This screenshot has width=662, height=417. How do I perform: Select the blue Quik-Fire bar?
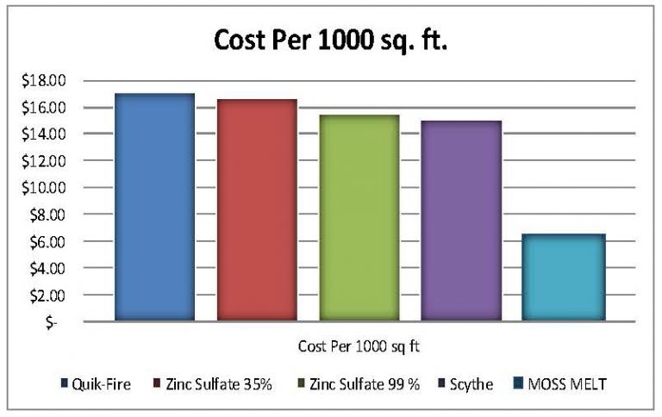(x=154, y=207)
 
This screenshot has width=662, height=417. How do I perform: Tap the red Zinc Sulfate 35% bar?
(x=257, y=210)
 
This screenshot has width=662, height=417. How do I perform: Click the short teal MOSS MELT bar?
(x=564, y=277)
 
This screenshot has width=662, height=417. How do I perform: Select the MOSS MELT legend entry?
(x=565, y=383)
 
